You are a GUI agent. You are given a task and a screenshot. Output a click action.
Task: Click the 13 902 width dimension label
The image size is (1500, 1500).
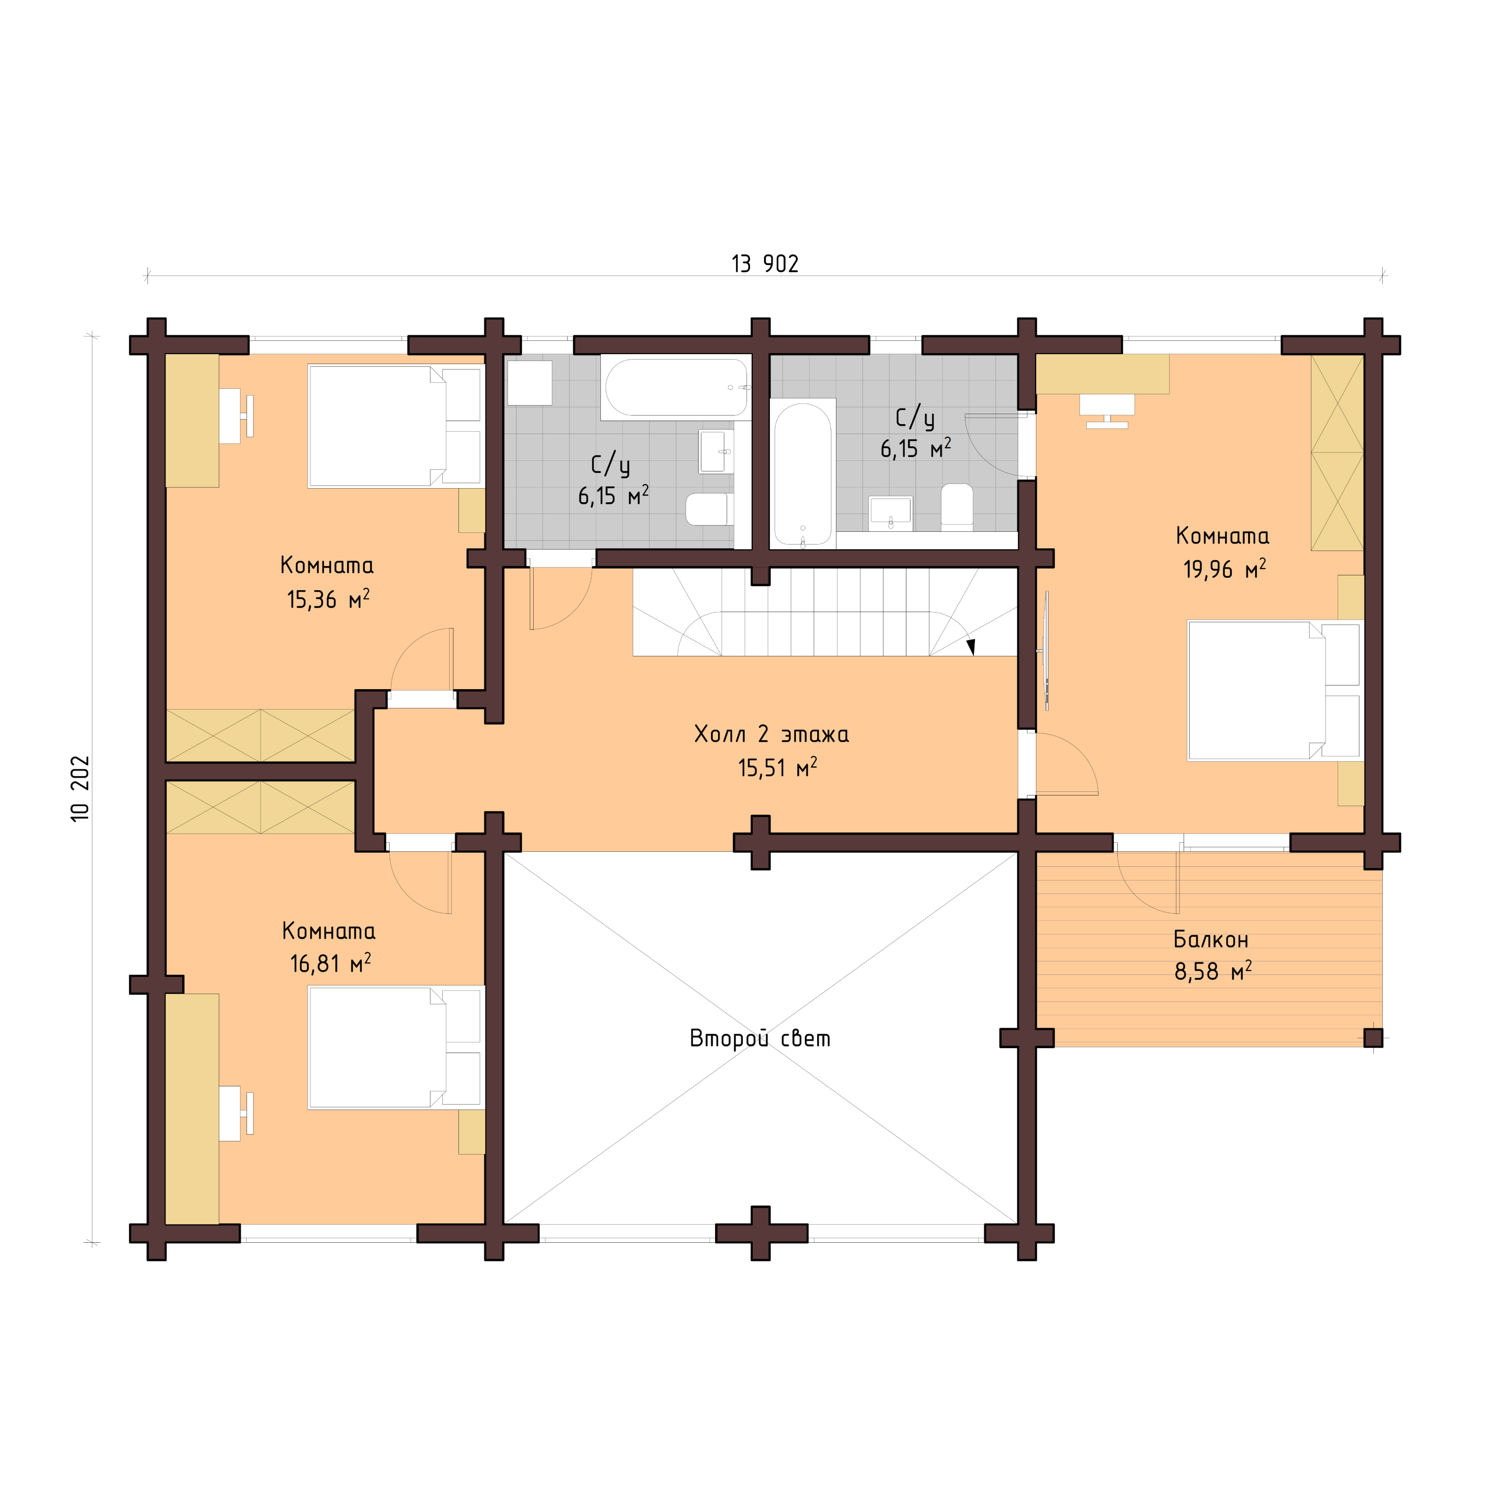765,264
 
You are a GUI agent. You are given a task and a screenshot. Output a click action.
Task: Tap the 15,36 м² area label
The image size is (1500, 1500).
328,600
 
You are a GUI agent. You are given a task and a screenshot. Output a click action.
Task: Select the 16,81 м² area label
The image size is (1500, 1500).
330,964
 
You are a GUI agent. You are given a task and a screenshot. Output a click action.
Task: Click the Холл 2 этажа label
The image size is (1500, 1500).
771,734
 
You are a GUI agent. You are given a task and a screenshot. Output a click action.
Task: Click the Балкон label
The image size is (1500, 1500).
1210,940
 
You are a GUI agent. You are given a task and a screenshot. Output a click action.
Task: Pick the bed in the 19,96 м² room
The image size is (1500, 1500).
1273,690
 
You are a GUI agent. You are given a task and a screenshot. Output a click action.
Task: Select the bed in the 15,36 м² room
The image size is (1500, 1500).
395,426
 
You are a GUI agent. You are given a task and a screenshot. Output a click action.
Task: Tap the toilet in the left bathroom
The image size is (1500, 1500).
709,509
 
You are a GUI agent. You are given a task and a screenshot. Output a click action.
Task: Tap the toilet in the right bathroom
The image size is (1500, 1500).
956,506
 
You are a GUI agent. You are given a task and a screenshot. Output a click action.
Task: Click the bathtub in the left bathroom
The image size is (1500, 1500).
675,387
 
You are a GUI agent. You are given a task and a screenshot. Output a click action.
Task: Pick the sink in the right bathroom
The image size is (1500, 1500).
890,512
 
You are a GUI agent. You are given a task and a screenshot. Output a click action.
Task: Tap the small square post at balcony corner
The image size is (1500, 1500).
1373,1037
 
